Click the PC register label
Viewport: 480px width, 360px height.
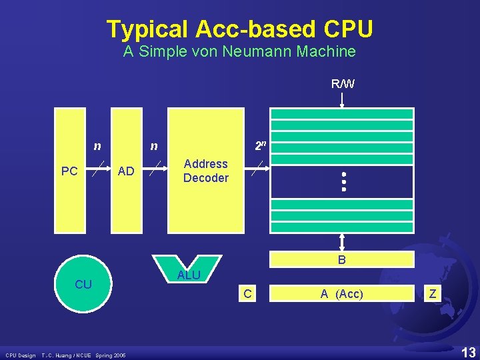69,171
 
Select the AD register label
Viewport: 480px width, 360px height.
126,171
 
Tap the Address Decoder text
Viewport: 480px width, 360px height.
205,171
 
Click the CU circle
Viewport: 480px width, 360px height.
83,285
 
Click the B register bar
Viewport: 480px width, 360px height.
341,260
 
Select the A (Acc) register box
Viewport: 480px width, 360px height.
341,293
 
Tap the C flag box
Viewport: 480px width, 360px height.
247,293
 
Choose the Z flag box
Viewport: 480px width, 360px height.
433,293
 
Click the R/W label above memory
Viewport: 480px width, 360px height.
343,84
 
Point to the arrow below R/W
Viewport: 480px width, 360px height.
342,100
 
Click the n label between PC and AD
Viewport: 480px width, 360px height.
97,146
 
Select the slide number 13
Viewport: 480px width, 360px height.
468,351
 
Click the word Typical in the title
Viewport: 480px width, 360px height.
147,29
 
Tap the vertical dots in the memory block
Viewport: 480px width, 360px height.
344,181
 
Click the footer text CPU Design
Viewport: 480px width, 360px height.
21,354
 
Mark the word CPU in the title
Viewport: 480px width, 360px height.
348,29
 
